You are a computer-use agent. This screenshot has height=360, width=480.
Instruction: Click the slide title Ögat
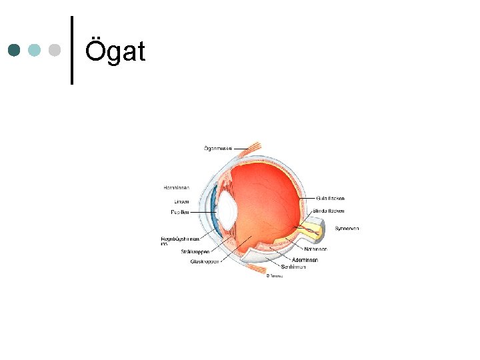click(x=115, y=51)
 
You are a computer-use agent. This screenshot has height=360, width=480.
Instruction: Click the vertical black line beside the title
click(x=71, y=50)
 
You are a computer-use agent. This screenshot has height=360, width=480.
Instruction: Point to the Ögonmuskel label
click(x=217, y=148)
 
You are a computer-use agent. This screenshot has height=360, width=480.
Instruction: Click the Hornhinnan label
click(x=176, y=187)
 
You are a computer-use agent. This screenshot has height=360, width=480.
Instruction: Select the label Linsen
click(x=181, y=201)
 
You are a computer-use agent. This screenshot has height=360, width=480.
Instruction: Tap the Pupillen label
click(x=179, y=212)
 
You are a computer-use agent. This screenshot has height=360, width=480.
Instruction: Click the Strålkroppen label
click(x=195, y=252)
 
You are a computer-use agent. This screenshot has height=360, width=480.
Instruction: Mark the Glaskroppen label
click(x=204, y=261)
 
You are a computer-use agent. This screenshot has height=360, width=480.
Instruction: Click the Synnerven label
click(x=347, y=229)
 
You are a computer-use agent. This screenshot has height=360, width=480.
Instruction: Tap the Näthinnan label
click(x=315, y=249)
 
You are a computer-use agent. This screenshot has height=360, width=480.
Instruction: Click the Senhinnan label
click(x=294, y=267)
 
